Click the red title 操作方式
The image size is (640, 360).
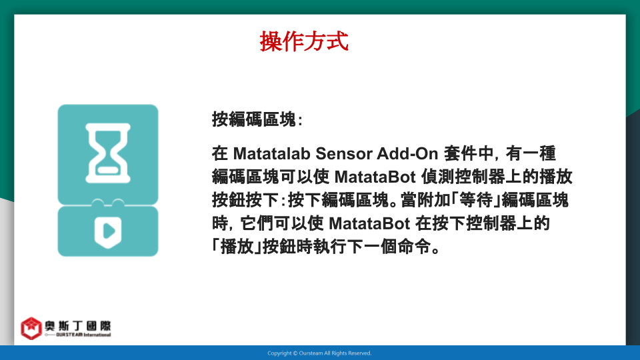(304, 41)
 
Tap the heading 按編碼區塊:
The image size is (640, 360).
(257, 119)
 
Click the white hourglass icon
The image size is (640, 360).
(108, 153)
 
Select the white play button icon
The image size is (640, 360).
(108, 231)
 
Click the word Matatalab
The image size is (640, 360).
(272, 153)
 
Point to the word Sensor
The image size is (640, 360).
(344, 153)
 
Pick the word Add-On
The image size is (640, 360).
(407, 153)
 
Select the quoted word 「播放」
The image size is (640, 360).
(237, 247)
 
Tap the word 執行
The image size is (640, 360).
(330, 247)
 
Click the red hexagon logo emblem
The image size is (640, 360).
(31, 328)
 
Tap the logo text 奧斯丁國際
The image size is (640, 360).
(77, 325)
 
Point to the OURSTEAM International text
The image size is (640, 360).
(83, 335)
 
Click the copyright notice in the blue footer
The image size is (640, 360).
(319, 353)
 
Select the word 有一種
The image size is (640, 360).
(531, 153)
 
